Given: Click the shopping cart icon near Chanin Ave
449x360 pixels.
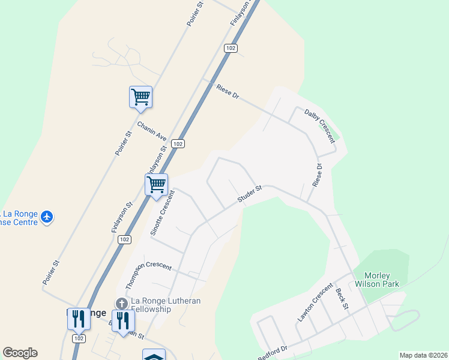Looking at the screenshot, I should click(140, 97).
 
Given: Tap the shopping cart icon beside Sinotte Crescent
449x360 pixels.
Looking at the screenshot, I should click(156, 184).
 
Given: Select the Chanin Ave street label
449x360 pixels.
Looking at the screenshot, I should click(151, 131).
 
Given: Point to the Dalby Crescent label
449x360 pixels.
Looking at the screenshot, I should click(319, 125).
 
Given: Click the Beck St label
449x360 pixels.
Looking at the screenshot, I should click(342, 298).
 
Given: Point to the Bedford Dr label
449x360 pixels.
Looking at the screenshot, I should click(273, 352).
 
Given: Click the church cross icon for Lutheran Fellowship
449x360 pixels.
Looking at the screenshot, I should click(121, 304).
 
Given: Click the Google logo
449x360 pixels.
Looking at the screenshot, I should click(20, 353).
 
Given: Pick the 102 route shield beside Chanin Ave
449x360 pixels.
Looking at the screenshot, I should click(177, 144).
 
